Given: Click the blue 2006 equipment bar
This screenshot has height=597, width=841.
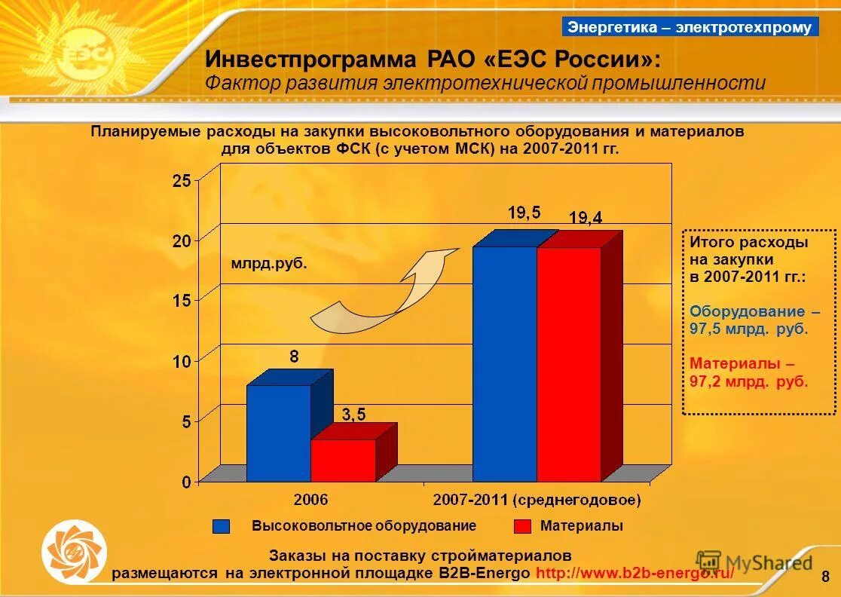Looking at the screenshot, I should [278, 433].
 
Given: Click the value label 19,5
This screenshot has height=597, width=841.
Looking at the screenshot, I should [524, 213].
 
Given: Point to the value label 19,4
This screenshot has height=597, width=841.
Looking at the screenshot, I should [586, 218].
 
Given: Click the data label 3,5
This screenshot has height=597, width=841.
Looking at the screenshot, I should [353, 415].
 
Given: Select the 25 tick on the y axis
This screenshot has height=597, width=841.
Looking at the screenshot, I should [182, 180].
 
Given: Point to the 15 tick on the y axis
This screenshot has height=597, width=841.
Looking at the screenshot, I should [182, 300].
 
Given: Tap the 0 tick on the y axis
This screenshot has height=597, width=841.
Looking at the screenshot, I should [185, 482].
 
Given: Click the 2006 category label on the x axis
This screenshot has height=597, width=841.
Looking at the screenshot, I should [311, 500].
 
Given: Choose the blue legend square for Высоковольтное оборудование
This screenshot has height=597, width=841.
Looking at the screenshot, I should [221, 526].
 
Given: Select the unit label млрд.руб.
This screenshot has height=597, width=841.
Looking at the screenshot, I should [269, 265].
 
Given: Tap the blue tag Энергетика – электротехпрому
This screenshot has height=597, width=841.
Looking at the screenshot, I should [690, 27].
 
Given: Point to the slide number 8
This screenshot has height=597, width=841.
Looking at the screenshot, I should [825, 577].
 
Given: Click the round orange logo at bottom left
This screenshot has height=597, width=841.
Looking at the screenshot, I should [74, 553].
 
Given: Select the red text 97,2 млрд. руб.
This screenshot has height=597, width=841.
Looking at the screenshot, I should [748, 381].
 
